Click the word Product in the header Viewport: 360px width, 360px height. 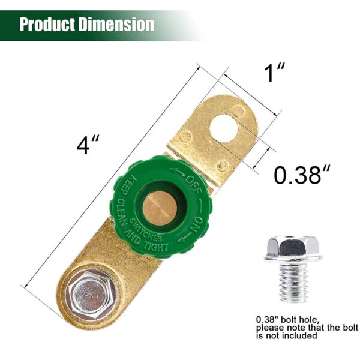(x=46, y=25)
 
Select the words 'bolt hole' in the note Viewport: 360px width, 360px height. (x=304, y=319)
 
